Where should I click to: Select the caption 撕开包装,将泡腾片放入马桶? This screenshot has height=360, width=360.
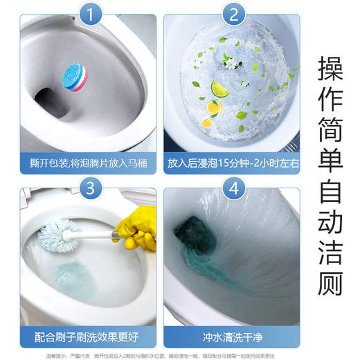coord(80,163)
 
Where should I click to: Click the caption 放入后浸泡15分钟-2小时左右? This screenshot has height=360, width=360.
coord(233,163)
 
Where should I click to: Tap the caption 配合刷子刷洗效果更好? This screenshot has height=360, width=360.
coord(80,337)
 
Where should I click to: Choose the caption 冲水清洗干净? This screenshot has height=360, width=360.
coord(233,337)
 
